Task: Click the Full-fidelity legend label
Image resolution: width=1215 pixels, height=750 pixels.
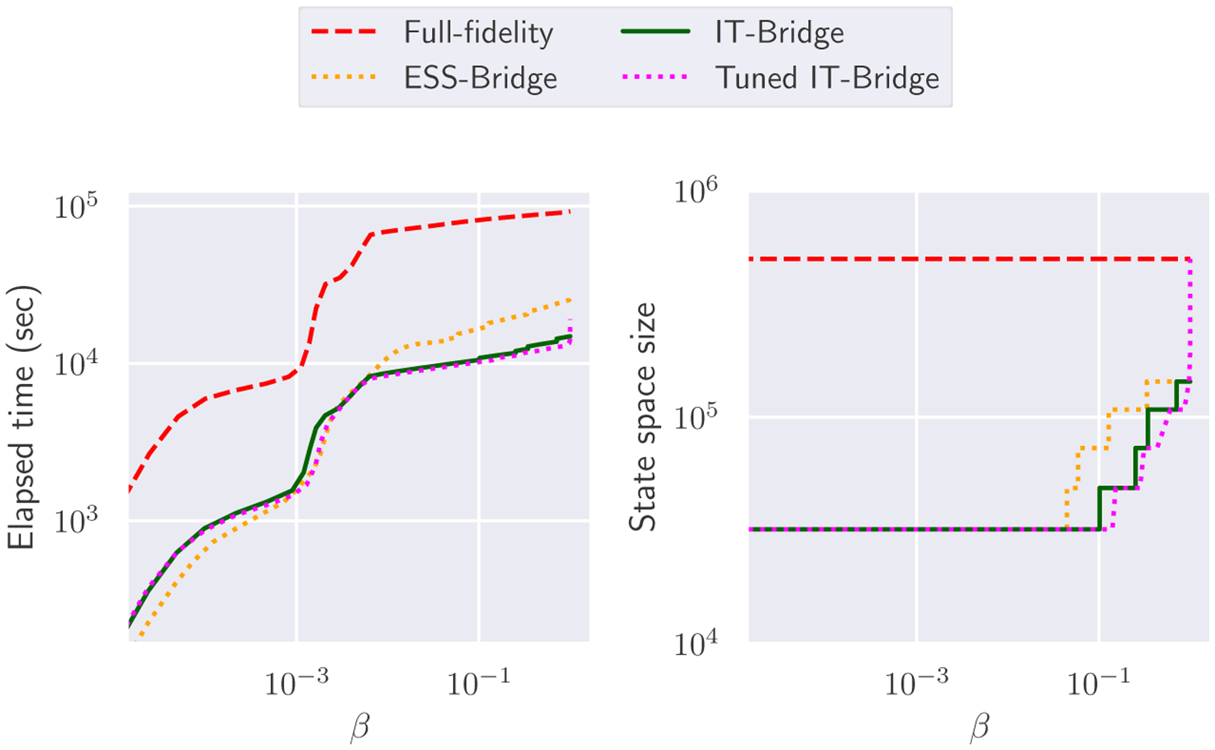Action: tap(478, 32)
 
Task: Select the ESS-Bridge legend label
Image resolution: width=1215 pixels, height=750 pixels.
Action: tap(480, 78)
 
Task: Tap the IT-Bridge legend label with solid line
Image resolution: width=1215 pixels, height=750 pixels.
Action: tap(779, 32)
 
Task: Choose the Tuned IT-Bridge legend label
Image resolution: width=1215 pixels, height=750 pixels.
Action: tap(827, 78)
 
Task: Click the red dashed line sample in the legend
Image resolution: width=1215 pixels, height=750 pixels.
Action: tap(344, 32)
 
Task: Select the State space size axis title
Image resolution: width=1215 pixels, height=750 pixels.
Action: tap(643, 417)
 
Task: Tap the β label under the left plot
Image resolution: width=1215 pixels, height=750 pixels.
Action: tap(360, 728)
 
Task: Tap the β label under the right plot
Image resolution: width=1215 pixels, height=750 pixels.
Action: tap(979, 728)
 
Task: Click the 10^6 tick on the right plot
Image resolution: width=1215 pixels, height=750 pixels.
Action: tap(695, 191)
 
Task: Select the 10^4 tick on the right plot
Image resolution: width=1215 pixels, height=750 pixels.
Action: tap(695, 643)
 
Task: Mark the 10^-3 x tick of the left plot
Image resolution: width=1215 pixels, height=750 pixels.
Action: tap(296, 682)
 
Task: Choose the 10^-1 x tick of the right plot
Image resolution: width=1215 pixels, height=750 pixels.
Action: tap(1098, 682)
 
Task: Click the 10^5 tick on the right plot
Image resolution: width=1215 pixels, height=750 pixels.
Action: tap(695, 417)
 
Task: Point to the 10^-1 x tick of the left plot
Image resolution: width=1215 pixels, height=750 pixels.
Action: tap(478, 682)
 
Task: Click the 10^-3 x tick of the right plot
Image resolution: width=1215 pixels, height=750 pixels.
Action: tap(916, 682)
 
